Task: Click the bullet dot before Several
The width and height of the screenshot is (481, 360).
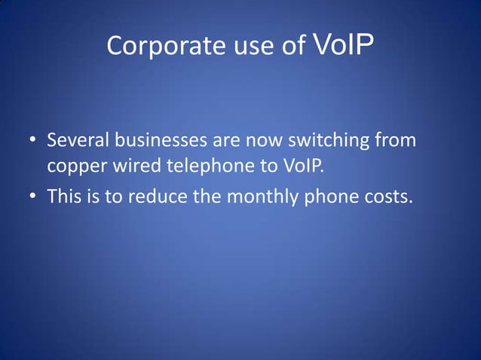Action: click(x=33, y=142)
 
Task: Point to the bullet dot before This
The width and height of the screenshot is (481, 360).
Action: click(x=33, y=197)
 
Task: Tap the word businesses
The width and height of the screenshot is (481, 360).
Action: click(x=161, y=141)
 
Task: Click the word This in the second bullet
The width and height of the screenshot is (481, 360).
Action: click(x=63, y=197)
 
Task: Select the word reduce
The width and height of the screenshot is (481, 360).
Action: click(x=158, y=197)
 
